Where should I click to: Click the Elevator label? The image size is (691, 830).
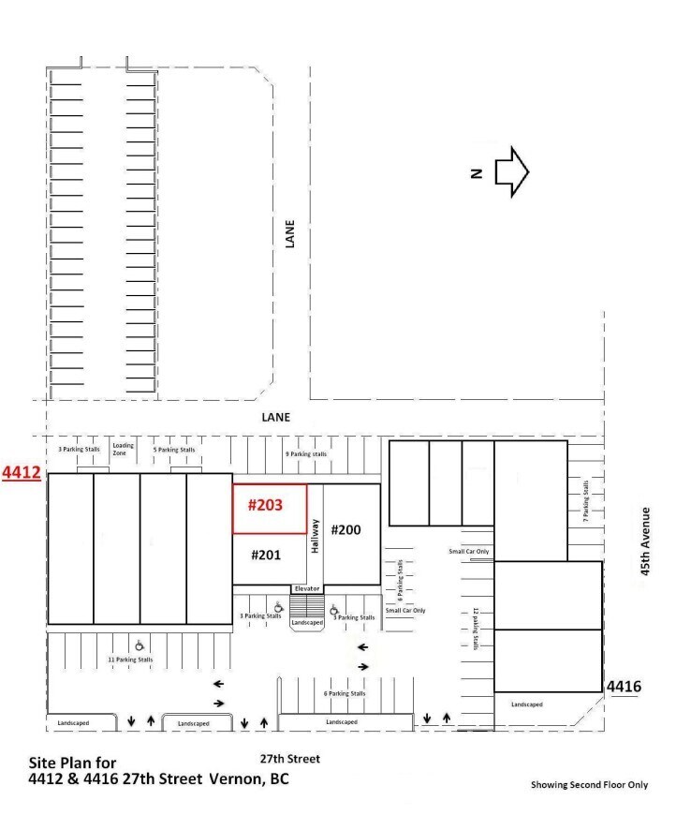(x=307, y=588)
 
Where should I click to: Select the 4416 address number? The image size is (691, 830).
(x=624, y=688)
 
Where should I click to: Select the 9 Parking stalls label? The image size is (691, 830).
(x=306, y=453)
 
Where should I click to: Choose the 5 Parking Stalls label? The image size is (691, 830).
(x=174, y=450)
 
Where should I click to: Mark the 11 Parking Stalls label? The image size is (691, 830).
(x=131, y=660)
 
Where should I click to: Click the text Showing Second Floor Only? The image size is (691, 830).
(x=589, y=785)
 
